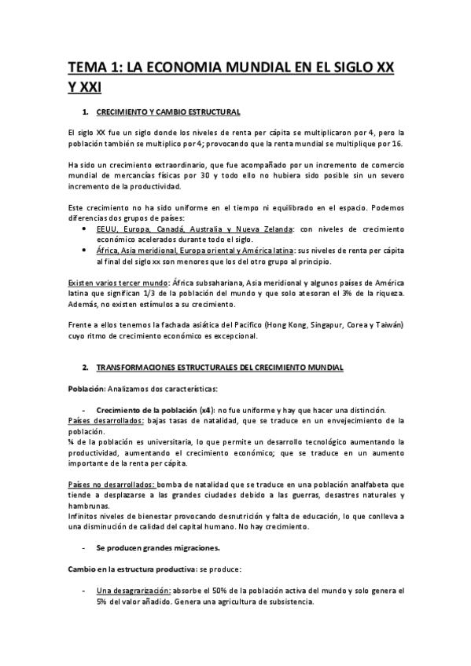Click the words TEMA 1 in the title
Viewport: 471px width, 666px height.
pos(91,68)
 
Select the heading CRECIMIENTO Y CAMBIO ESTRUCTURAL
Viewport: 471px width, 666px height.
pos(167,112)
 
